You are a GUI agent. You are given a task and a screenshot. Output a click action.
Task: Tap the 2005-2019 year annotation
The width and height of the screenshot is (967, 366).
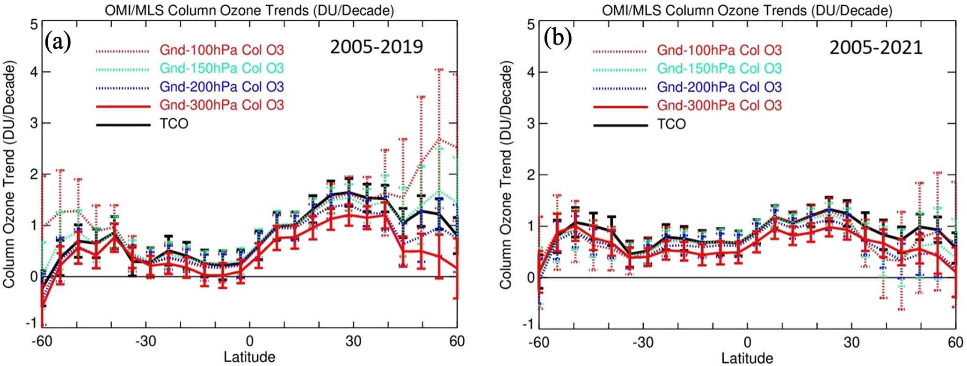377,47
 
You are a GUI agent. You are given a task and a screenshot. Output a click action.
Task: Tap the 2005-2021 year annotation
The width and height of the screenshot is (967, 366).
876,47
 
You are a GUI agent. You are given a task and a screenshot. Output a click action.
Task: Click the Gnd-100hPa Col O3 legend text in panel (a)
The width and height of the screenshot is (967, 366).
221,50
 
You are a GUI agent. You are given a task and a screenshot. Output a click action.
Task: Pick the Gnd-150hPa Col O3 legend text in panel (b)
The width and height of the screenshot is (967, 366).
719,69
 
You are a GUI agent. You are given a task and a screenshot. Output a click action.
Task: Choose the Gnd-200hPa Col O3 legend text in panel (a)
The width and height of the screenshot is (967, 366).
221,87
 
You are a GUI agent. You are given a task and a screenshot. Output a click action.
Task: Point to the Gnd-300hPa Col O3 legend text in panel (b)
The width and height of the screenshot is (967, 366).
719,105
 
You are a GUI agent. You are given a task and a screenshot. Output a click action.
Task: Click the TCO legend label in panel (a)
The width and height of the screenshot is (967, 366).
174,124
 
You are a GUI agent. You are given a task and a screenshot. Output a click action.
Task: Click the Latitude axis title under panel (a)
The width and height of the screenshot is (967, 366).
249,357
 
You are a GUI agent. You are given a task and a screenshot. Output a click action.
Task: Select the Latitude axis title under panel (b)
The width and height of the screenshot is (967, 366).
747,358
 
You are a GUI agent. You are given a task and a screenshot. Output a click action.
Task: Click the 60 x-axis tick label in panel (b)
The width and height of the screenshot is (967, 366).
955,342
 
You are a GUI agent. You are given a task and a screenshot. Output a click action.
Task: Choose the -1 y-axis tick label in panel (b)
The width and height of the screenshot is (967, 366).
529,324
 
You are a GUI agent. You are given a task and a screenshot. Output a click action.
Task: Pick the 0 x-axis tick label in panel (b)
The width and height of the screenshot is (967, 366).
748,342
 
